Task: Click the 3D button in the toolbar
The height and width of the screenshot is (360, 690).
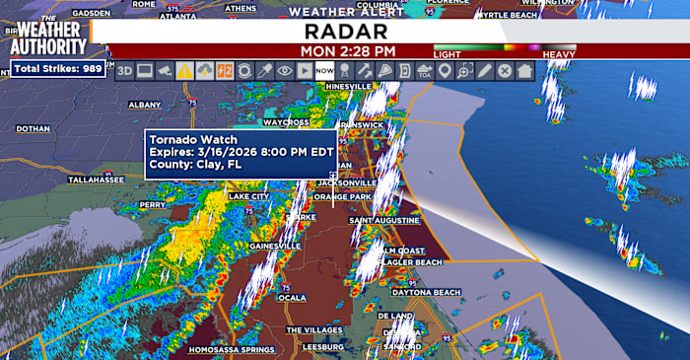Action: pos(124,71)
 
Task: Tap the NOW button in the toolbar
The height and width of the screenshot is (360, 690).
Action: pos(324,71)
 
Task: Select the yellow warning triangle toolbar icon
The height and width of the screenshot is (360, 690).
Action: pos(184,71)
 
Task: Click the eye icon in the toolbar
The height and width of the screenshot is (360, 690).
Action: pos(284,71)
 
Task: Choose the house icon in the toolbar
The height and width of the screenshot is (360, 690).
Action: pos(524,71)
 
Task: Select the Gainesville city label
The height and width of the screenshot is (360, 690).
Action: pos(275,245)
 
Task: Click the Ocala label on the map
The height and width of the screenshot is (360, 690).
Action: pos(292,297)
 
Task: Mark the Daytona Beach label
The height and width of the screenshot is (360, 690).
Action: pos(427,293)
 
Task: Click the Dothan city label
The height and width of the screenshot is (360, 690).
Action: pos(33,128)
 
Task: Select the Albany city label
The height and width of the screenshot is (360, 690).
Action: pos(144,104)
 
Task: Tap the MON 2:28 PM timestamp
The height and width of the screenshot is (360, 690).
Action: pos(349,50)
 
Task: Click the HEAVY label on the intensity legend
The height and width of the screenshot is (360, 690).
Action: pos(559,53)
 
